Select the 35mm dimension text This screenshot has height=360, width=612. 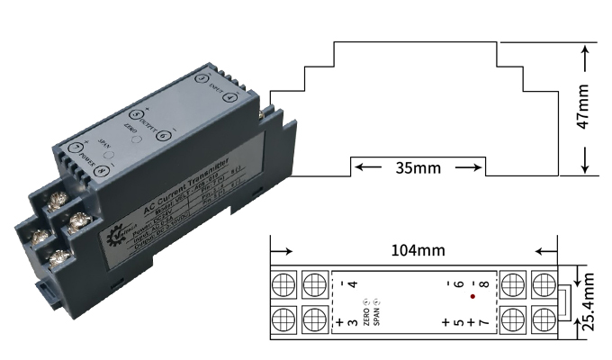tap(416, 166)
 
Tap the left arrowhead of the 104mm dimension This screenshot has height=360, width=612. tap(276, 252)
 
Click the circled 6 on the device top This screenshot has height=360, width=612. tap(164, 136)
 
